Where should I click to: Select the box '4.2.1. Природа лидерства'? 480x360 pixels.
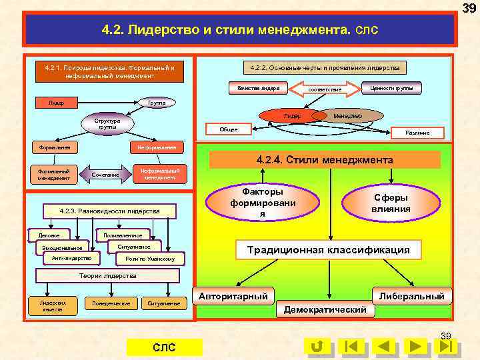[x=110, y=71]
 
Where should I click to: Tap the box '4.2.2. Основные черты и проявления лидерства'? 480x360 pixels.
[x=325, y=68]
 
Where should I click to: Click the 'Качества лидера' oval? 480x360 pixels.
[x=258, y=88]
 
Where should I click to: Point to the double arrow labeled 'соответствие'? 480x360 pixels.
[x=325, y=89]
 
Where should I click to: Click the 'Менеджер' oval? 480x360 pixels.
[x=348, y=116]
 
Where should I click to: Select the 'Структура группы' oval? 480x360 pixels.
[x=107, y=124]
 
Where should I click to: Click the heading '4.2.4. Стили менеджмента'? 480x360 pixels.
[x=325, y=160]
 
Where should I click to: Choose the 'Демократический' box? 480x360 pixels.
[x=325, y=310]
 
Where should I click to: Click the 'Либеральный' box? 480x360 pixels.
[x=411, y=295]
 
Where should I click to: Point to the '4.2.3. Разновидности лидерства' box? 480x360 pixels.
[x=109, y=211]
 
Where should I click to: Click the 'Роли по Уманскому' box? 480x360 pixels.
[x=150, y=259]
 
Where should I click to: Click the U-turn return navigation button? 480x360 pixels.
[x=318, y=346]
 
